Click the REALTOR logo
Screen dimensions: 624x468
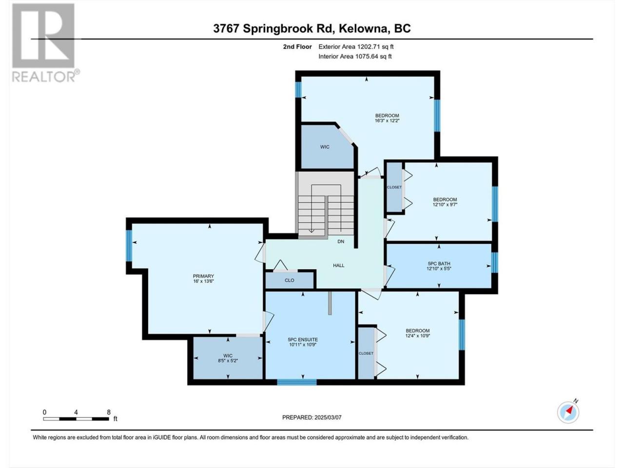(x=46, y=43)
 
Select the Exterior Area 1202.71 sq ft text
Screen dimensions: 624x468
(x=356, y=47)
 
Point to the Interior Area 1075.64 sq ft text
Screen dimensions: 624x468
(x=355, y=56)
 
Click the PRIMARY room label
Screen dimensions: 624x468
(x=203, y=276)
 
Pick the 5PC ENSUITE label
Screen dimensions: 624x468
(x=303, y=340)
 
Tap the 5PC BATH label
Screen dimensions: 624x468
(x=439, y=263)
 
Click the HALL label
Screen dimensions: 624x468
(x=339, y=265)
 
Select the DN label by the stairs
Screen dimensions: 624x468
(x=341, y=241)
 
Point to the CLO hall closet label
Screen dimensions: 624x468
(x=290, y=280)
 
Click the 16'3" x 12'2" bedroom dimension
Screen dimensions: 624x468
(x=387, y=120)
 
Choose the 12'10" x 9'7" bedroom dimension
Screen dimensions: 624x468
(x=445, y=204)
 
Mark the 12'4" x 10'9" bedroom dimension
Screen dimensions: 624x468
(x=418, y=335)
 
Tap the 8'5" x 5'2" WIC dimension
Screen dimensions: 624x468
(x=228, y=361)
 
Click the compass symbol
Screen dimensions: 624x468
(x=568, y=412)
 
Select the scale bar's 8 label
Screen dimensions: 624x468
(x=109, y=412)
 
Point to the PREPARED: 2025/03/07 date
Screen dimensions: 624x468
(x=312, y=417)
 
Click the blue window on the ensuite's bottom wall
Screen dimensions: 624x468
(x=297, y=382)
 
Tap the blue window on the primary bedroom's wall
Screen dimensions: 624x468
(x=129, y=246)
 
